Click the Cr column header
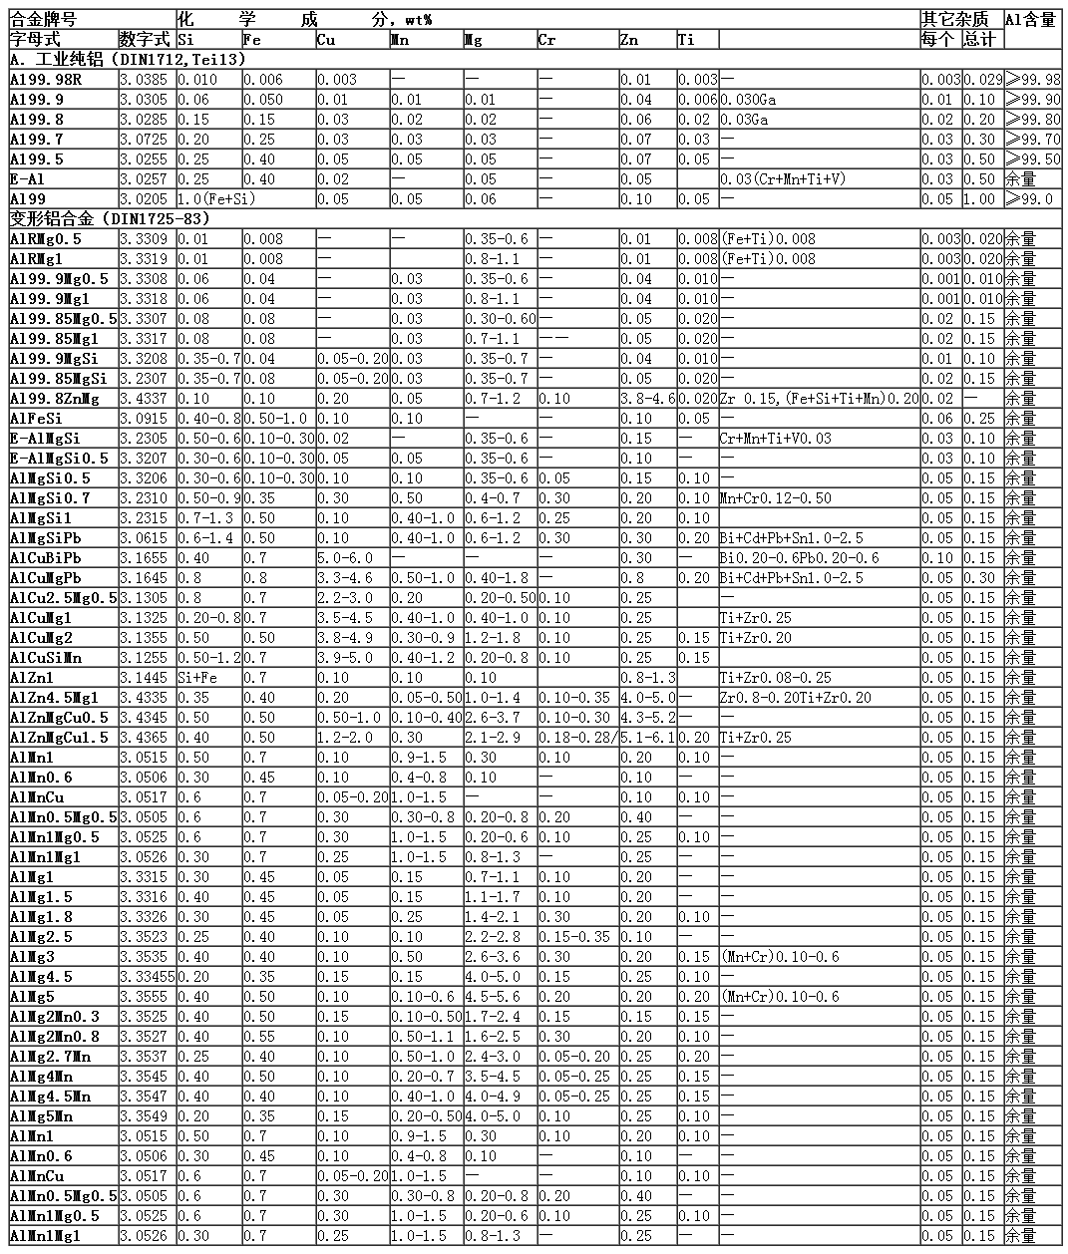tap(546, 40)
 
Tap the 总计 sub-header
tap(979, 40)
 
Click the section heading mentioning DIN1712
tap(128, 60)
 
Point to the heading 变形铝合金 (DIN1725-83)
tap(110, 218)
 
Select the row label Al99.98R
tap(46, 80)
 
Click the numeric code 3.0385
tap(145, 80)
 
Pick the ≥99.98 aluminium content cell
tap(1033, 80)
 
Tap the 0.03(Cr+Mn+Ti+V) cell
tap(783, 179)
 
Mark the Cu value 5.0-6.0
tap(344, 558)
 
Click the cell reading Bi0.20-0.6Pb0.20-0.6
tap(800, 558)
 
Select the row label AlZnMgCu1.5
tap(62, 738)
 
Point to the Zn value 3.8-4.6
tap(647, 399)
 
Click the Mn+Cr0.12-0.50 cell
tap(775, 498)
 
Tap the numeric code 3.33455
tap(148, 977)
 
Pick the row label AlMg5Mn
tap(42, 1116)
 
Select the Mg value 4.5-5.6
tap(492, 997)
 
